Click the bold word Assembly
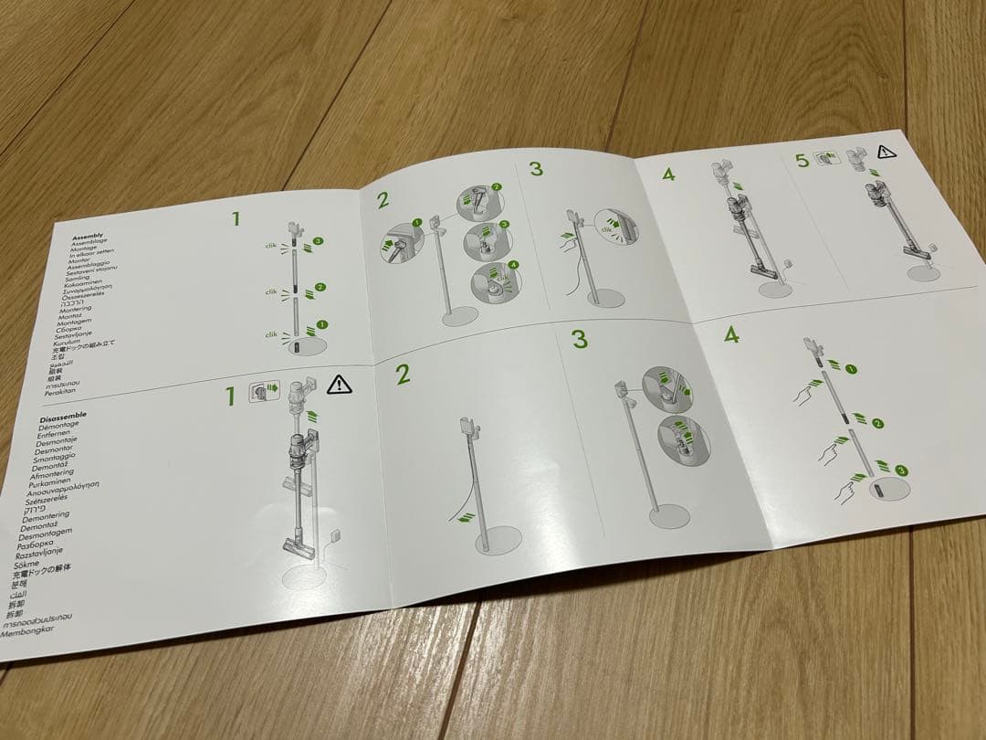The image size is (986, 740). tap(88, 236)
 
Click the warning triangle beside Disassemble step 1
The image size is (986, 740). tap(339, 384)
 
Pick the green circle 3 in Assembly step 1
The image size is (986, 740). tap(318, 242)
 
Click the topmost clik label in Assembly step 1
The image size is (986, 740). tap(271, 246)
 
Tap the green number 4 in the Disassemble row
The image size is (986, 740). tap(730, 334)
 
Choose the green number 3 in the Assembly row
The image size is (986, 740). tap(535, 168)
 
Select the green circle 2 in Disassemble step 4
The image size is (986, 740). tap(877, 424)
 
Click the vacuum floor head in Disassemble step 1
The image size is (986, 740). tap(299, 545)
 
